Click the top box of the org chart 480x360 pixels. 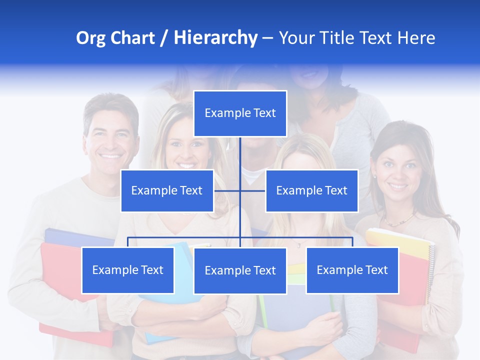[x=240, y=113]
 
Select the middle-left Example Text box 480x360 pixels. [x=167, y=190]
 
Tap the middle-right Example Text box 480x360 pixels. [x=311, y=190]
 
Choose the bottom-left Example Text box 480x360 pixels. [x=128, y=270]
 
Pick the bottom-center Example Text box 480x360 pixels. [x=240, y=270]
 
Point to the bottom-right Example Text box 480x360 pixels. [x=352, y=270]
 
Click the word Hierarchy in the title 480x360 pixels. [x=215, y=37]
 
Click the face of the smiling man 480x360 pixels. [x=111, y=137]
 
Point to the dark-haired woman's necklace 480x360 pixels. [x=398, y=220]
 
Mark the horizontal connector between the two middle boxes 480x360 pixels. [x=239, y=190]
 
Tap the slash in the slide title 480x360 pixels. [x=164, y=38]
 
